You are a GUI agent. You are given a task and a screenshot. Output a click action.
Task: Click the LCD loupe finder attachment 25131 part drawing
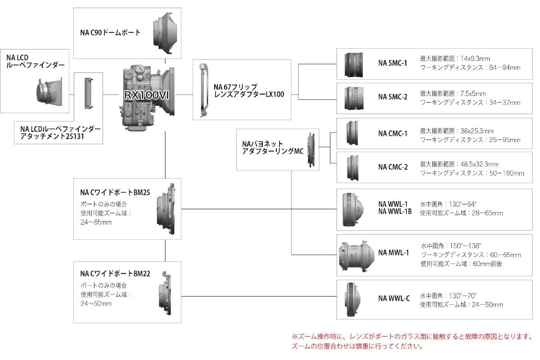tap(88, 94)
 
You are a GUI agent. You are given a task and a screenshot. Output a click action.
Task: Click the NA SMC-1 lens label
tap(392, 63)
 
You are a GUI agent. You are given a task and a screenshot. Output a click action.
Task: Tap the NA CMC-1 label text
tap(392, 133)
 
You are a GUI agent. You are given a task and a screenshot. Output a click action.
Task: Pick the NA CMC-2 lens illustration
tap(353, 167)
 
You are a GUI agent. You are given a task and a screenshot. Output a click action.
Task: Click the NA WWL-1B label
tap(395, 211)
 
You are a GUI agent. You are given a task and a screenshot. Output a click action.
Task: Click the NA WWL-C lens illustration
tap(353, 297)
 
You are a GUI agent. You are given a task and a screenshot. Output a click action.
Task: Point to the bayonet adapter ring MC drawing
tap(311, 149)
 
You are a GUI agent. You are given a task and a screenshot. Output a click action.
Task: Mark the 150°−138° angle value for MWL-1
tap(464, 246)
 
